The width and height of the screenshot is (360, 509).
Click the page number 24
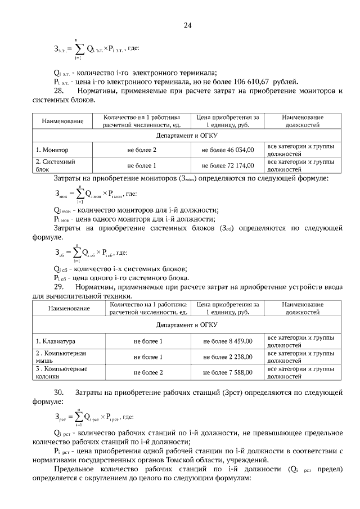pyautogui.click(x=188, y=25)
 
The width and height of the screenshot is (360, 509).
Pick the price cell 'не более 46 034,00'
pyautogui.click(x=228, y=150)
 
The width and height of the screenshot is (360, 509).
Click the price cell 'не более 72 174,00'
pyautogui.click(x=228, y=165)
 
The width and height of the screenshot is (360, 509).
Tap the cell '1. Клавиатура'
pyautogui.click(x=56, y=341)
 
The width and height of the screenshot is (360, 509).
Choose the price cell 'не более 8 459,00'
pyautogui.click(x=228, y=341)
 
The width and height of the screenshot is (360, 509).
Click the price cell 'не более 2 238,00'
pyautogui.click(x=228, y=357)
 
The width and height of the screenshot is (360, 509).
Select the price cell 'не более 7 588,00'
pyautogui.click(x=228, y=372)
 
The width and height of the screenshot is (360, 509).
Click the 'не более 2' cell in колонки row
pyautogui.click(x=148, y=372)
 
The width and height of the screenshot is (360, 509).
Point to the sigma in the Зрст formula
pyautogui.click(x=80, y=418)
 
